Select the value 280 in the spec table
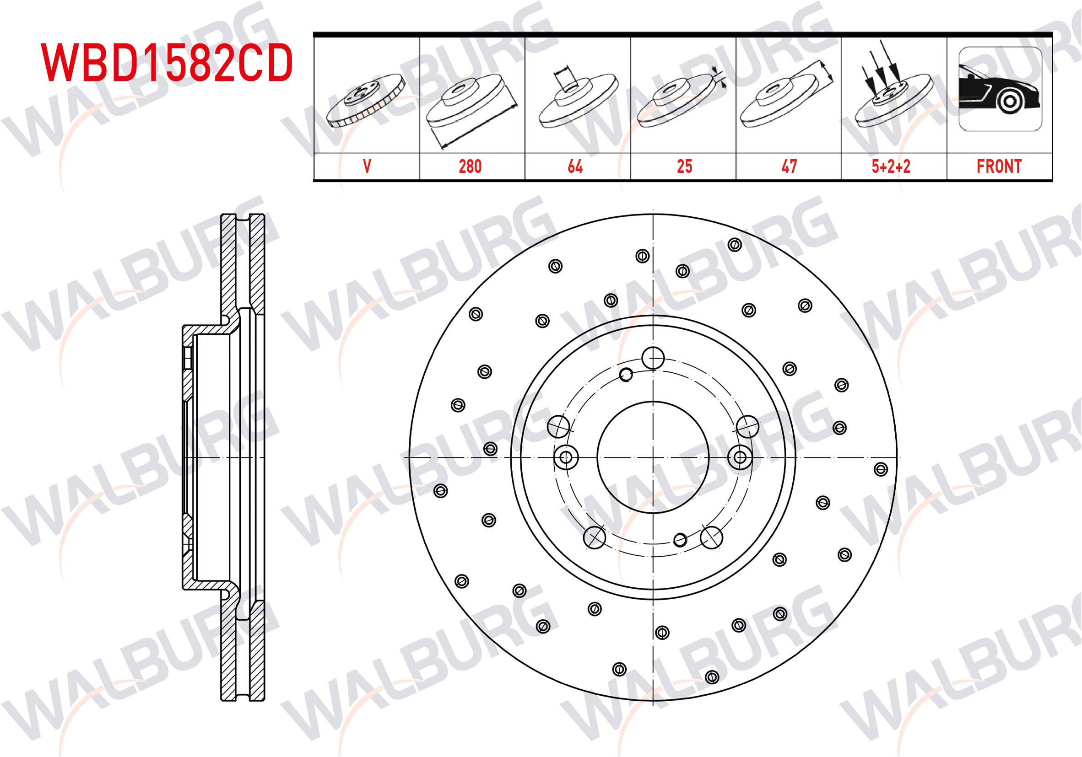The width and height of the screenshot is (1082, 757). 470,167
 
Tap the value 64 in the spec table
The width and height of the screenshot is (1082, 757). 575,167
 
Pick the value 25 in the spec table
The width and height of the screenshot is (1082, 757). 684,167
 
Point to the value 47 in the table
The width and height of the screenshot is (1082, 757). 789,167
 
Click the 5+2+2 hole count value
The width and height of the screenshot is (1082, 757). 891,167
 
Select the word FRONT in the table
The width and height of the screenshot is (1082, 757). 999,167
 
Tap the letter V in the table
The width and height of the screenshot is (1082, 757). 367,167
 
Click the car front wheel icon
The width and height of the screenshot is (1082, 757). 1000,89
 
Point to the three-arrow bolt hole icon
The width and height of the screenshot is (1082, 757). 893,85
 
